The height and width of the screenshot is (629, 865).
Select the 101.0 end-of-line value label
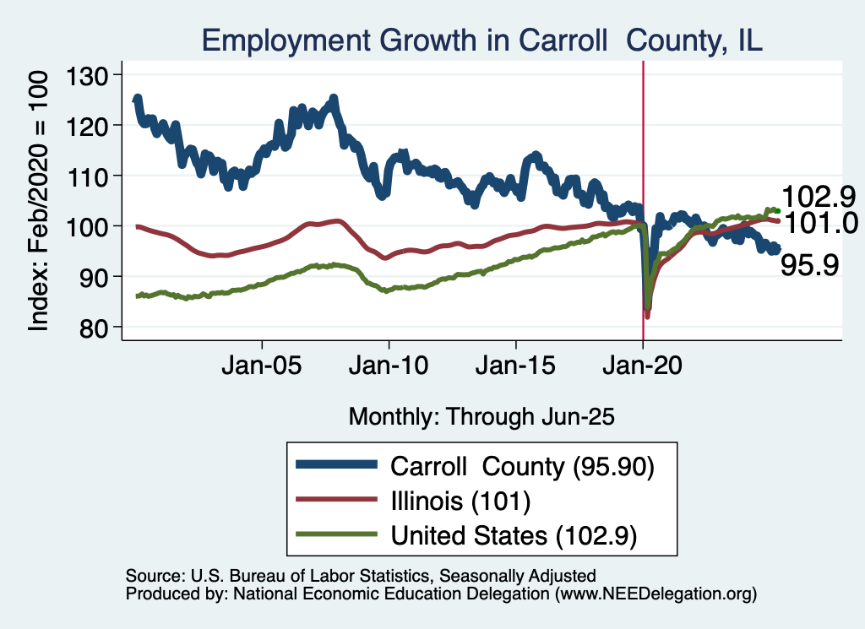coord(819,223)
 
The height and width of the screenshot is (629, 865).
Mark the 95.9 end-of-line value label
coord(809,266)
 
